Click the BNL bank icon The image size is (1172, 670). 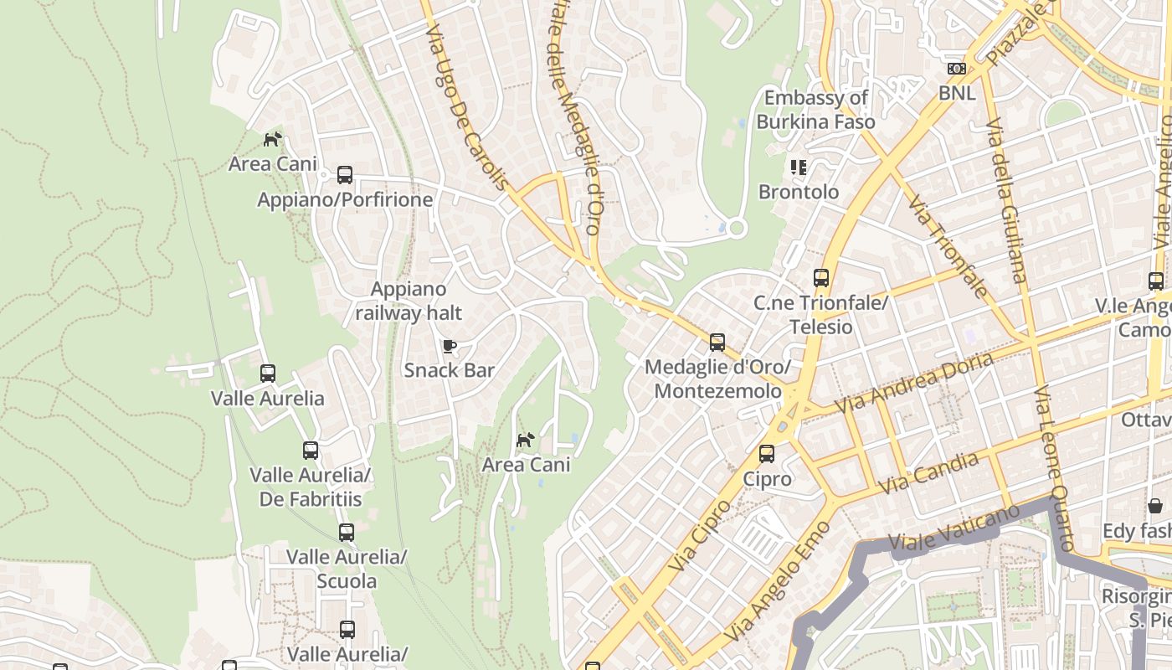(956, 69)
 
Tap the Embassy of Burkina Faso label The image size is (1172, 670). (815, 110)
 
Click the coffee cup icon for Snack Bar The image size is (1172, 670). (450, 346)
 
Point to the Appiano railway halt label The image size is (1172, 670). (409, 301)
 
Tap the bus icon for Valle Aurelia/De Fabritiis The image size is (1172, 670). (311, 451)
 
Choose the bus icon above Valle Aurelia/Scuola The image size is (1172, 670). (347, 532)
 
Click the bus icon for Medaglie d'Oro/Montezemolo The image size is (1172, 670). (717, 343)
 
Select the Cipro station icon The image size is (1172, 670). (767, 454)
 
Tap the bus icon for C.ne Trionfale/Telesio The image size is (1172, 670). (821, 278)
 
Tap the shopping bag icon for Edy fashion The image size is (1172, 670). (1155, 506)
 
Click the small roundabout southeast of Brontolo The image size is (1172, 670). (737, 228)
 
